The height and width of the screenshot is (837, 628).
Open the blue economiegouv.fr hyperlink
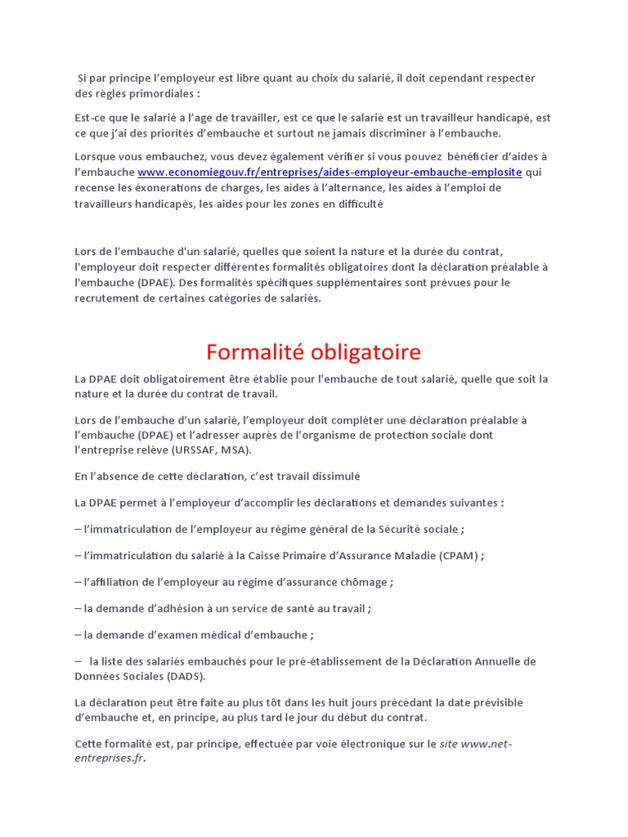[x=330, y=172]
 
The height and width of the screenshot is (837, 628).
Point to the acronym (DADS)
[x=185, y=677]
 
